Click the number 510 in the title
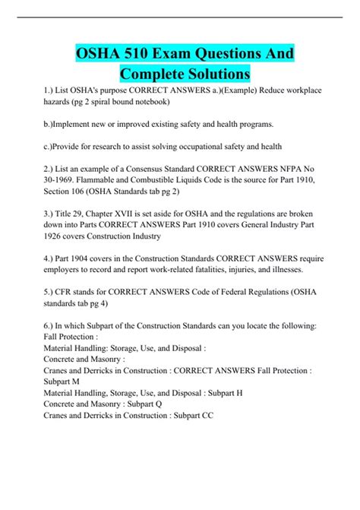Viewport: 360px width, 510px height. tap(139, 55)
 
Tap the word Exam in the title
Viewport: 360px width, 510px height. tap(180, 55)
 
